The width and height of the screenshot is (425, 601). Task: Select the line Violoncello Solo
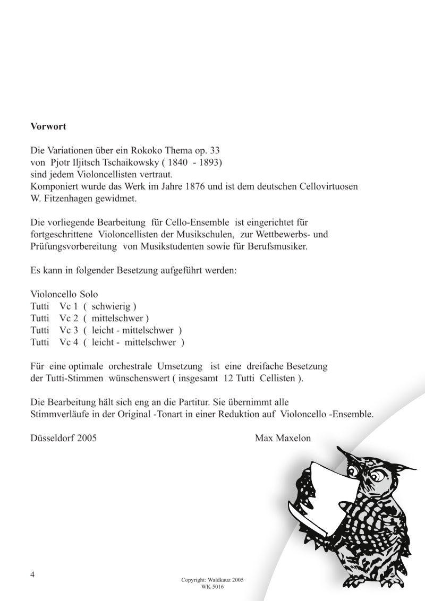tap(64, 294)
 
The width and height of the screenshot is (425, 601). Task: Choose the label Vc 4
tap(69, 342)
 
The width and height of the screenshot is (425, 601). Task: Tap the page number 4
tap(33, 576)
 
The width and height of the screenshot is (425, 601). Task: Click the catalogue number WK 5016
tap(212, 587)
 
